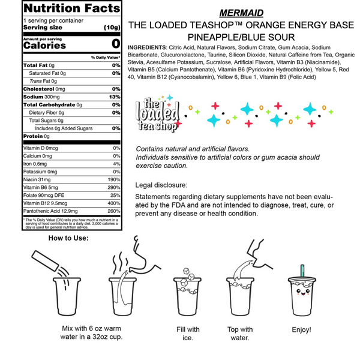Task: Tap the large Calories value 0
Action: tap(116, 44)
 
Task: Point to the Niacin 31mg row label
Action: tap(37, 180)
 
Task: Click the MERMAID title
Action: tap(240, 13)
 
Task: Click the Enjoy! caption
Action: tap(301, 330)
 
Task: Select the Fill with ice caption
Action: tap(188, 334)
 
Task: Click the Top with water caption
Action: tap(240, 334)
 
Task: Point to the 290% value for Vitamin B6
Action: tap(113, 188)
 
